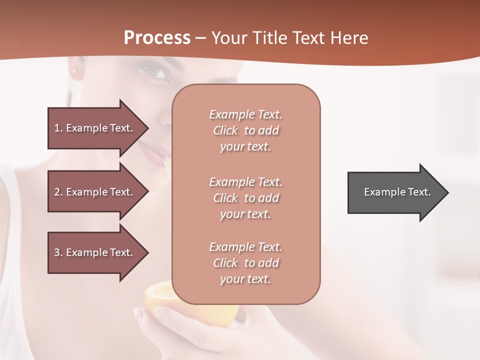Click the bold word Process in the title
coord(157,38)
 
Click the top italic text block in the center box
coord(245,130)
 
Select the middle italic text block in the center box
coord(245,198)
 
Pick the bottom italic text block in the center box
coord(245,263)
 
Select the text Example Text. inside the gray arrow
coord(397,192)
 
